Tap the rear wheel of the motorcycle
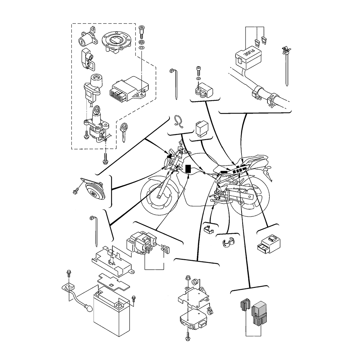tap(252, 200)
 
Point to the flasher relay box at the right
tap(269, 243)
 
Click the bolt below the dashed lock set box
tap(105, 158)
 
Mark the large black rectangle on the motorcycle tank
tap(188, 168)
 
